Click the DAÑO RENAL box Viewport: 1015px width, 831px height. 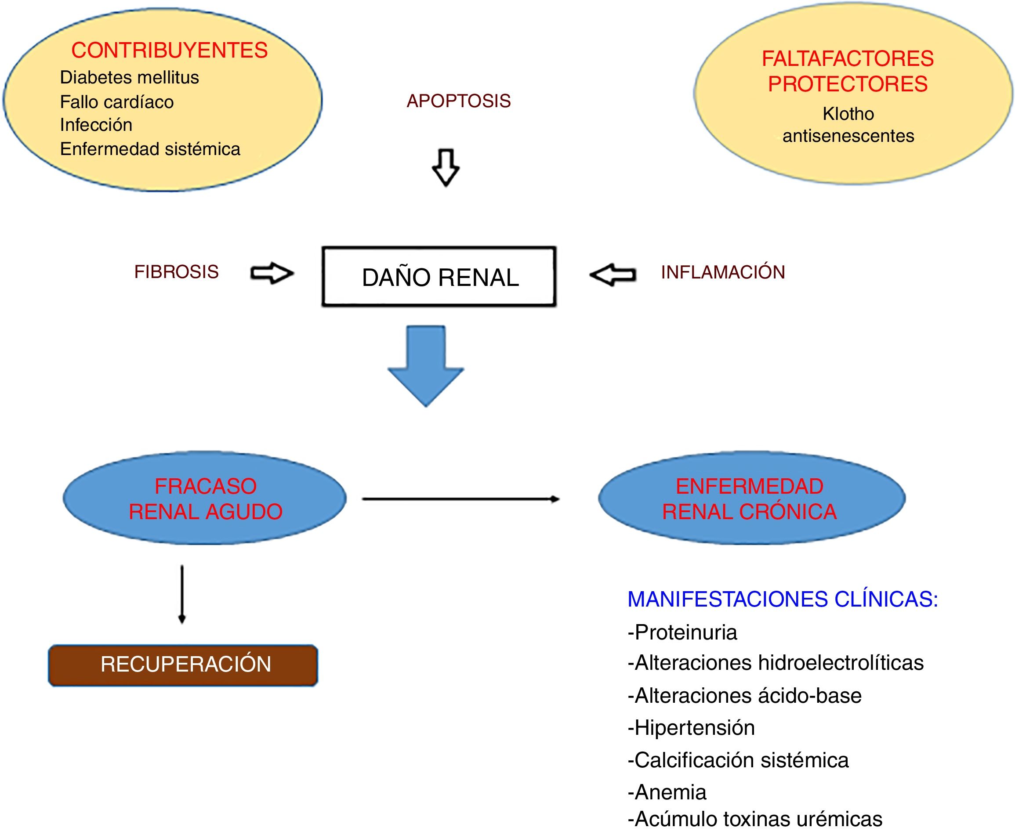pos(439,277)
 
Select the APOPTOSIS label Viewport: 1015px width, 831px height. pos(458,101)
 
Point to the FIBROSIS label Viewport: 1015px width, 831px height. pos(176,272)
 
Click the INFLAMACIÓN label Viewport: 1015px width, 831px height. pos(723,272)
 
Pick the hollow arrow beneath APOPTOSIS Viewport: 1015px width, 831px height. pos(446,167)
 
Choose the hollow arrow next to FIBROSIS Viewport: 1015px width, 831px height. pos(272,273)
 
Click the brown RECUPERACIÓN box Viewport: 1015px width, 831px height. pos(183,665)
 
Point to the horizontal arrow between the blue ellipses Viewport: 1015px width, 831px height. pos(460,499)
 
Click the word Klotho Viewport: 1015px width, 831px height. pos(848,114)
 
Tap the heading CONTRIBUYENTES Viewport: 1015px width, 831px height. pos(170,50)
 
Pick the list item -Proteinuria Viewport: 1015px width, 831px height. pos(682,632)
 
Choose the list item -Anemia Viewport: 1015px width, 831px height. pos(667,792)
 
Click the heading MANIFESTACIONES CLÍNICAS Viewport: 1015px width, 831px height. pos(782,600)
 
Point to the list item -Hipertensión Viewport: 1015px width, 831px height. pos(691,728)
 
